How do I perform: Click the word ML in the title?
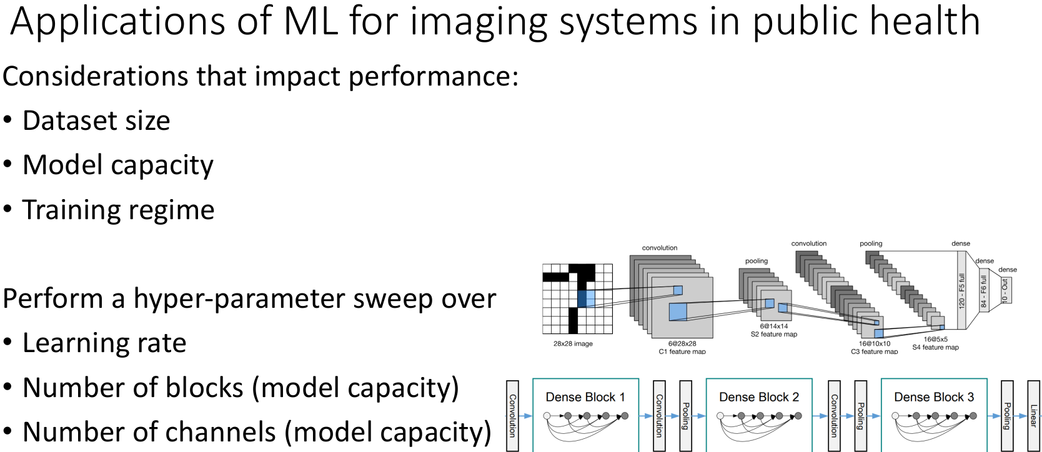(x=310, y=21)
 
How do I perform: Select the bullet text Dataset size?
(x=96, y=120)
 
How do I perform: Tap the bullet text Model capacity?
(x=118, y=165)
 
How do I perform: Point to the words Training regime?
(x=118, y=210)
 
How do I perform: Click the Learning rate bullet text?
(x=104, y=343)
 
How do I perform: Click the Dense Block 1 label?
(x=585, y=397)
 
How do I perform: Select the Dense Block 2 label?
(x=759, y=397)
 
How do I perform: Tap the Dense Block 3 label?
(x=934, y=397)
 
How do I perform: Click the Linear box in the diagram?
(x=1034, y=415)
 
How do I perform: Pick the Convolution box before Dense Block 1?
(x=512, y=415)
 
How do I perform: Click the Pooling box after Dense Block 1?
(x=685, y=415)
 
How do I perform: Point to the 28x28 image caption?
(x=573, y=344)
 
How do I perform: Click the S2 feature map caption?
(x=774, y=335)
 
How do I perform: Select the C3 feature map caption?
(x=874, y=351)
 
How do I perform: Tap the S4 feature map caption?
(x=935, y=348)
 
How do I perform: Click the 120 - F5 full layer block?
(x=962, y=290)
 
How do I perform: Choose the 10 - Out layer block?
(x=1005, y=290)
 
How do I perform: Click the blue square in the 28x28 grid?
(x=586, y=298)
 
